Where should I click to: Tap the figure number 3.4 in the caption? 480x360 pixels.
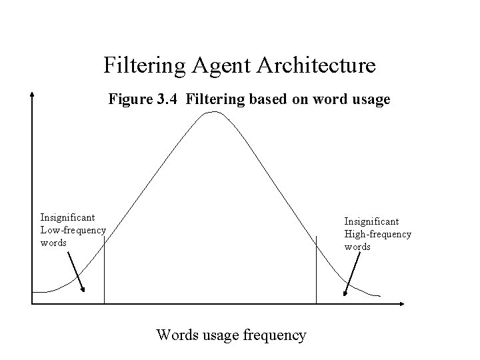tap(167, 101)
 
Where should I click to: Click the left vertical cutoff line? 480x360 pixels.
tap(104, 267)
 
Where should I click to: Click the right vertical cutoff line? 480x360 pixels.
tap(316, 267)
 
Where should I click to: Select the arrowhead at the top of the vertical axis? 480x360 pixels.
tap(31, 95)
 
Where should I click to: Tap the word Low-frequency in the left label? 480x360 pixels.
tap(73, 230)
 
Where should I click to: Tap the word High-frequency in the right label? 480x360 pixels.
tap(378, 234)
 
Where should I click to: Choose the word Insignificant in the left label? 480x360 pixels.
tap(67, 217)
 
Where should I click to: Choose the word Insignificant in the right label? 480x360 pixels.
tap(371, 221)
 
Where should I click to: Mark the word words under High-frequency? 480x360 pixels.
tap(357, 247)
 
